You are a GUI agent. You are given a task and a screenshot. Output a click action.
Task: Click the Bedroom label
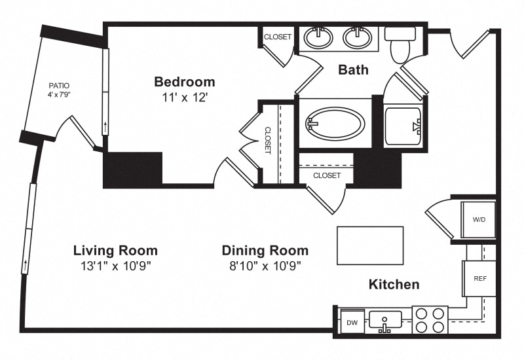[185, 82]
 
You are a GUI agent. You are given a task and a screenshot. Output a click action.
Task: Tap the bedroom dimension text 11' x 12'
[185, 98]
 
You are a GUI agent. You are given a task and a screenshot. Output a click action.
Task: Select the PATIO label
[59, 86]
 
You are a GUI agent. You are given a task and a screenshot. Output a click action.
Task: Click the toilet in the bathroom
[400, 45]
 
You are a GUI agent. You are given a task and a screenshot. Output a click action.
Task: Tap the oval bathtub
[335, 123]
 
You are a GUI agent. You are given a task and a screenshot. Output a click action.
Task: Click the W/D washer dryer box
[478, 219]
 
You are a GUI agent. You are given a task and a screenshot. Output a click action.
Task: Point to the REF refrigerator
[479, 278]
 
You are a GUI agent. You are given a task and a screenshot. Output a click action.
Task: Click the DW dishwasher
[352, 322]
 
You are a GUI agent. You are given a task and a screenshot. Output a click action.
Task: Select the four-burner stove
[430, 320]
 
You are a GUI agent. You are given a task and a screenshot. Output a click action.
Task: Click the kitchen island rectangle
[370, 245]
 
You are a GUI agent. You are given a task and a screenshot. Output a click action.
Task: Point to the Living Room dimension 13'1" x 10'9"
[116, 266]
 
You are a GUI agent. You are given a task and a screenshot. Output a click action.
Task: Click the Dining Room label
[265, 251]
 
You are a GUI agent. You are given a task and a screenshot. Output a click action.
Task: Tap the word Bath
[353, 70]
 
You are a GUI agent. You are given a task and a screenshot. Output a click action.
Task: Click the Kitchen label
[394, 285]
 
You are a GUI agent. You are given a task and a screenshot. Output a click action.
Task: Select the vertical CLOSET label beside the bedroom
[267, 140]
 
